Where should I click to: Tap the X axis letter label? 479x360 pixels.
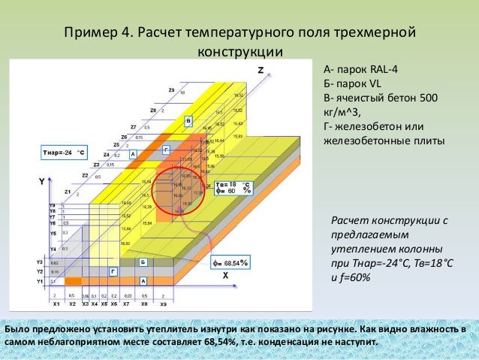(224, 276)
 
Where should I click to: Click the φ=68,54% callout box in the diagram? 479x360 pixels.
(230, 263)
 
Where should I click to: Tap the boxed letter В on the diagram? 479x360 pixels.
(188, 119)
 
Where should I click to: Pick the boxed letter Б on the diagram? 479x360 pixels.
(143, 262)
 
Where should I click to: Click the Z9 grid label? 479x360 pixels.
(172, 91)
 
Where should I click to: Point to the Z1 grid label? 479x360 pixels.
(68, 192)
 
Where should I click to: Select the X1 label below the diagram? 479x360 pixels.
(56, 304)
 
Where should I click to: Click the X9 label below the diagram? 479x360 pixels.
(163, 304)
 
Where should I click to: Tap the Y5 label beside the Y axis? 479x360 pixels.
(53, 233)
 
